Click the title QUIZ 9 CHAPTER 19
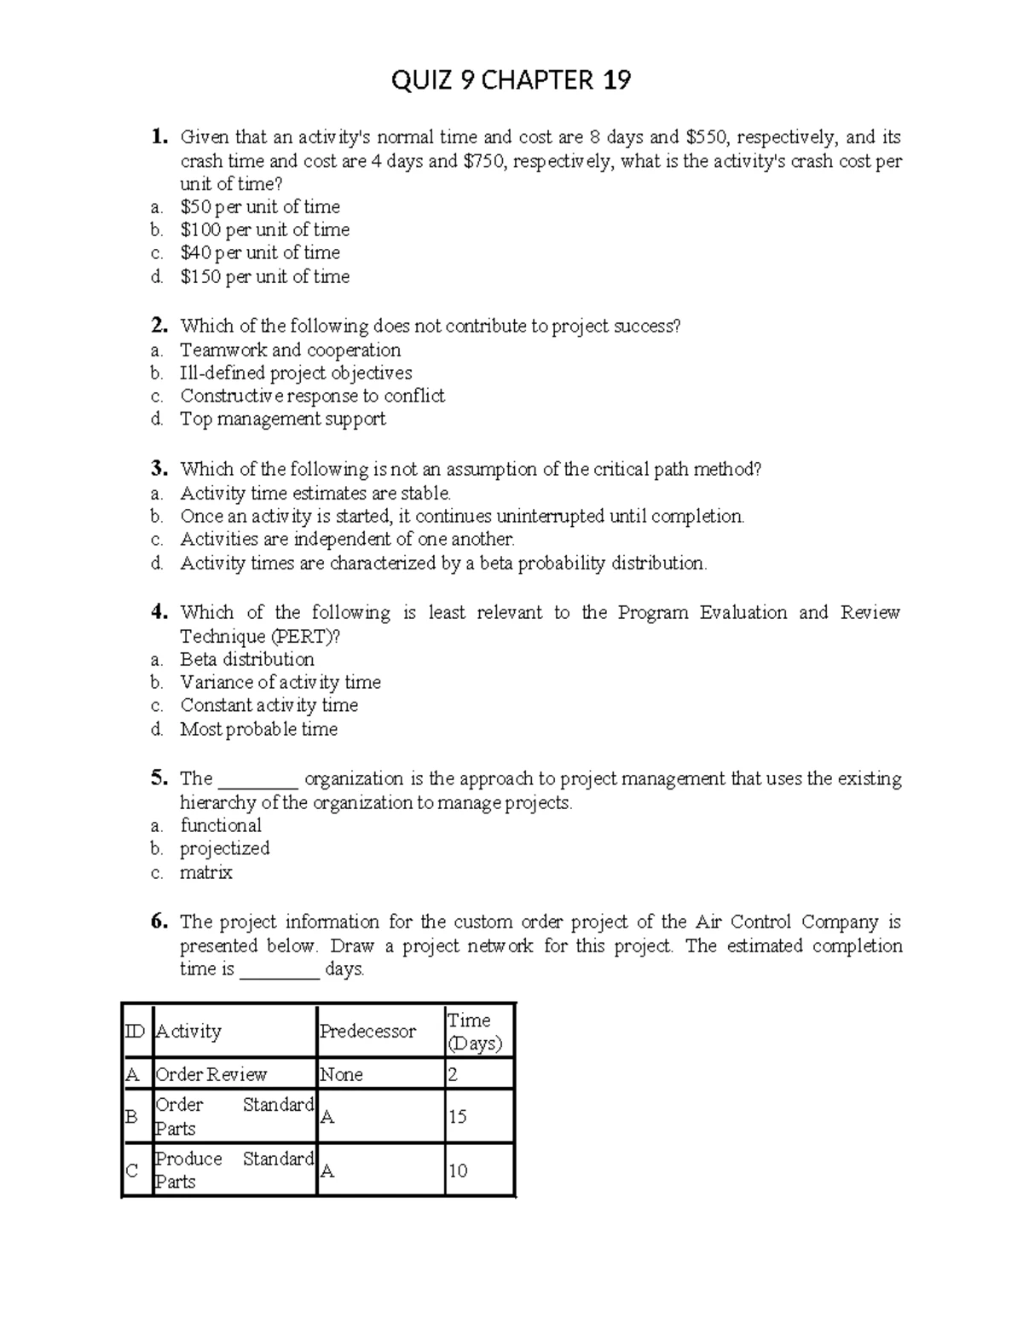511,80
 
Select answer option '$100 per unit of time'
264,230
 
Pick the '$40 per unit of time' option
260,253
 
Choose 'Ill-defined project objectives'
296,373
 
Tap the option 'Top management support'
282,419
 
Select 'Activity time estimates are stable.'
315,494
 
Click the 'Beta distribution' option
246,660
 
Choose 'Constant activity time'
269,706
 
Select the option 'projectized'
224,849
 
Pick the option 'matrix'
205,873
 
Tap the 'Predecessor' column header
367,1032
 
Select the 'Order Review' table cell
211,1074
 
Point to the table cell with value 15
458,1117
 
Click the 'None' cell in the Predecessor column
341,1074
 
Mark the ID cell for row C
133,1171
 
